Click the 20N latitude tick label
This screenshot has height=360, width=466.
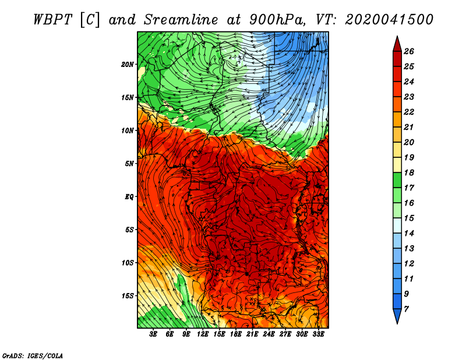[128, 65]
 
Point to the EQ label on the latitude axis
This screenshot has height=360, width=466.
[129, 197]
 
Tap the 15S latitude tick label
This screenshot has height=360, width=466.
[128, 296]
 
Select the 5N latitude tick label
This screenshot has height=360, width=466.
[129, 164]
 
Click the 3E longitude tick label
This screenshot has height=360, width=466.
[153, 334]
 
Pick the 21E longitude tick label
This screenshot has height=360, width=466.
[252, 334]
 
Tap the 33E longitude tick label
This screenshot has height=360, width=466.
[318, 334]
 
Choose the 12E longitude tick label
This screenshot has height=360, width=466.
[203, 334]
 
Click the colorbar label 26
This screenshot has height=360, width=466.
[409, 51]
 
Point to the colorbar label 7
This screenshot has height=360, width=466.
[406, 309]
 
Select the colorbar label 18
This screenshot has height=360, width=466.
[409, 172]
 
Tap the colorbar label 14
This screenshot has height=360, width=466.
[409, 234]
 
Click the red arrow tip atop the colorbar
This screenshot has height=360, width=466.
[397, 37]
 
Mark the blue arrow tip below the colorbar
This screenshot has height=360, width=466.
[397, 323]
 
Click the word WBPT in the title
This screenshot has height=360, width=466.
[52, 20]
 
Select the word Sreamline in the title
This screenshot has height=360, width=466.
[181, 20]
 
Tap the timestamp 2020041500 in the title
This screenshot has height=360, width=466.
[389, 20]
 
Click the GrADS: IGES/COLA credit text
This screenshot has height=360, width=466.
[33, 355]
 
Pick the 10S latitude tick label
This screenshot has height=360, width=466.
[128, 263]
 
